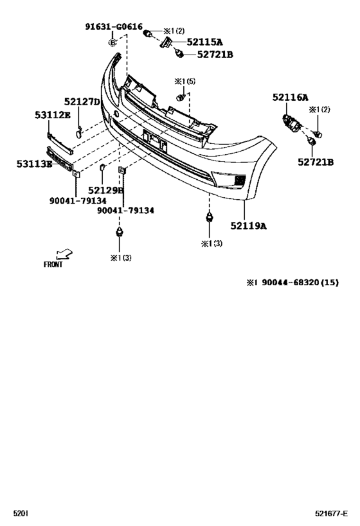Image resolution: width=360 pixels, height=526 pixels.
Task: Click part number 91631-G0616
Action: point(113,26)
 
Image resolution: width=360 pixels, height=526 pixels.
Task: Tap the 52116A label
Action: point(290,97)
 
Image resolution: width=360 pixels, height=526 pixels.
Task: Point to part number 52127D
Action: point(82,101)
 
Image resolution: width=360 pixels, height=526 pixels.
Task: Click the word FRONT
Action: point(53,264)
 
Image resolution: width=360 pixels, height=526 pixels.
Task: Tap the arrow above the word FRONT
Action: point(64,254)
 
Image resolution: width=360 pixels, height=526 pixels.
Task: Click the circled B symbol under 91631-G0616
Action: point(113,42)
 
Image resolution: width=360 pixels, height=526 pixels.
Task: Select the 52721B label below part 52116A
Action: point(315,162)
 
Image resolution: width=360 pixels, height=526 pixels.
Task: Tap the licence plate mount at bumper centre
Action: point(155,140)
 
